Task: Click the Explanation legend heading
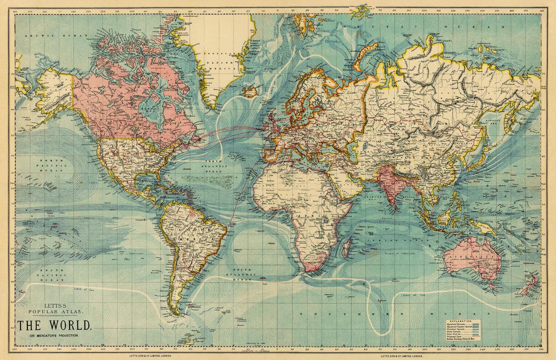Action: [459, 321]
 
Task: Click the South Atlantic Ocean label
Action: [243, 275]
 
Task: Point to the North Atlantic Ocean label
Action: [216, 166]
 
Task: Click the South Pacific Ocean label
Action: [50, 275]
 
